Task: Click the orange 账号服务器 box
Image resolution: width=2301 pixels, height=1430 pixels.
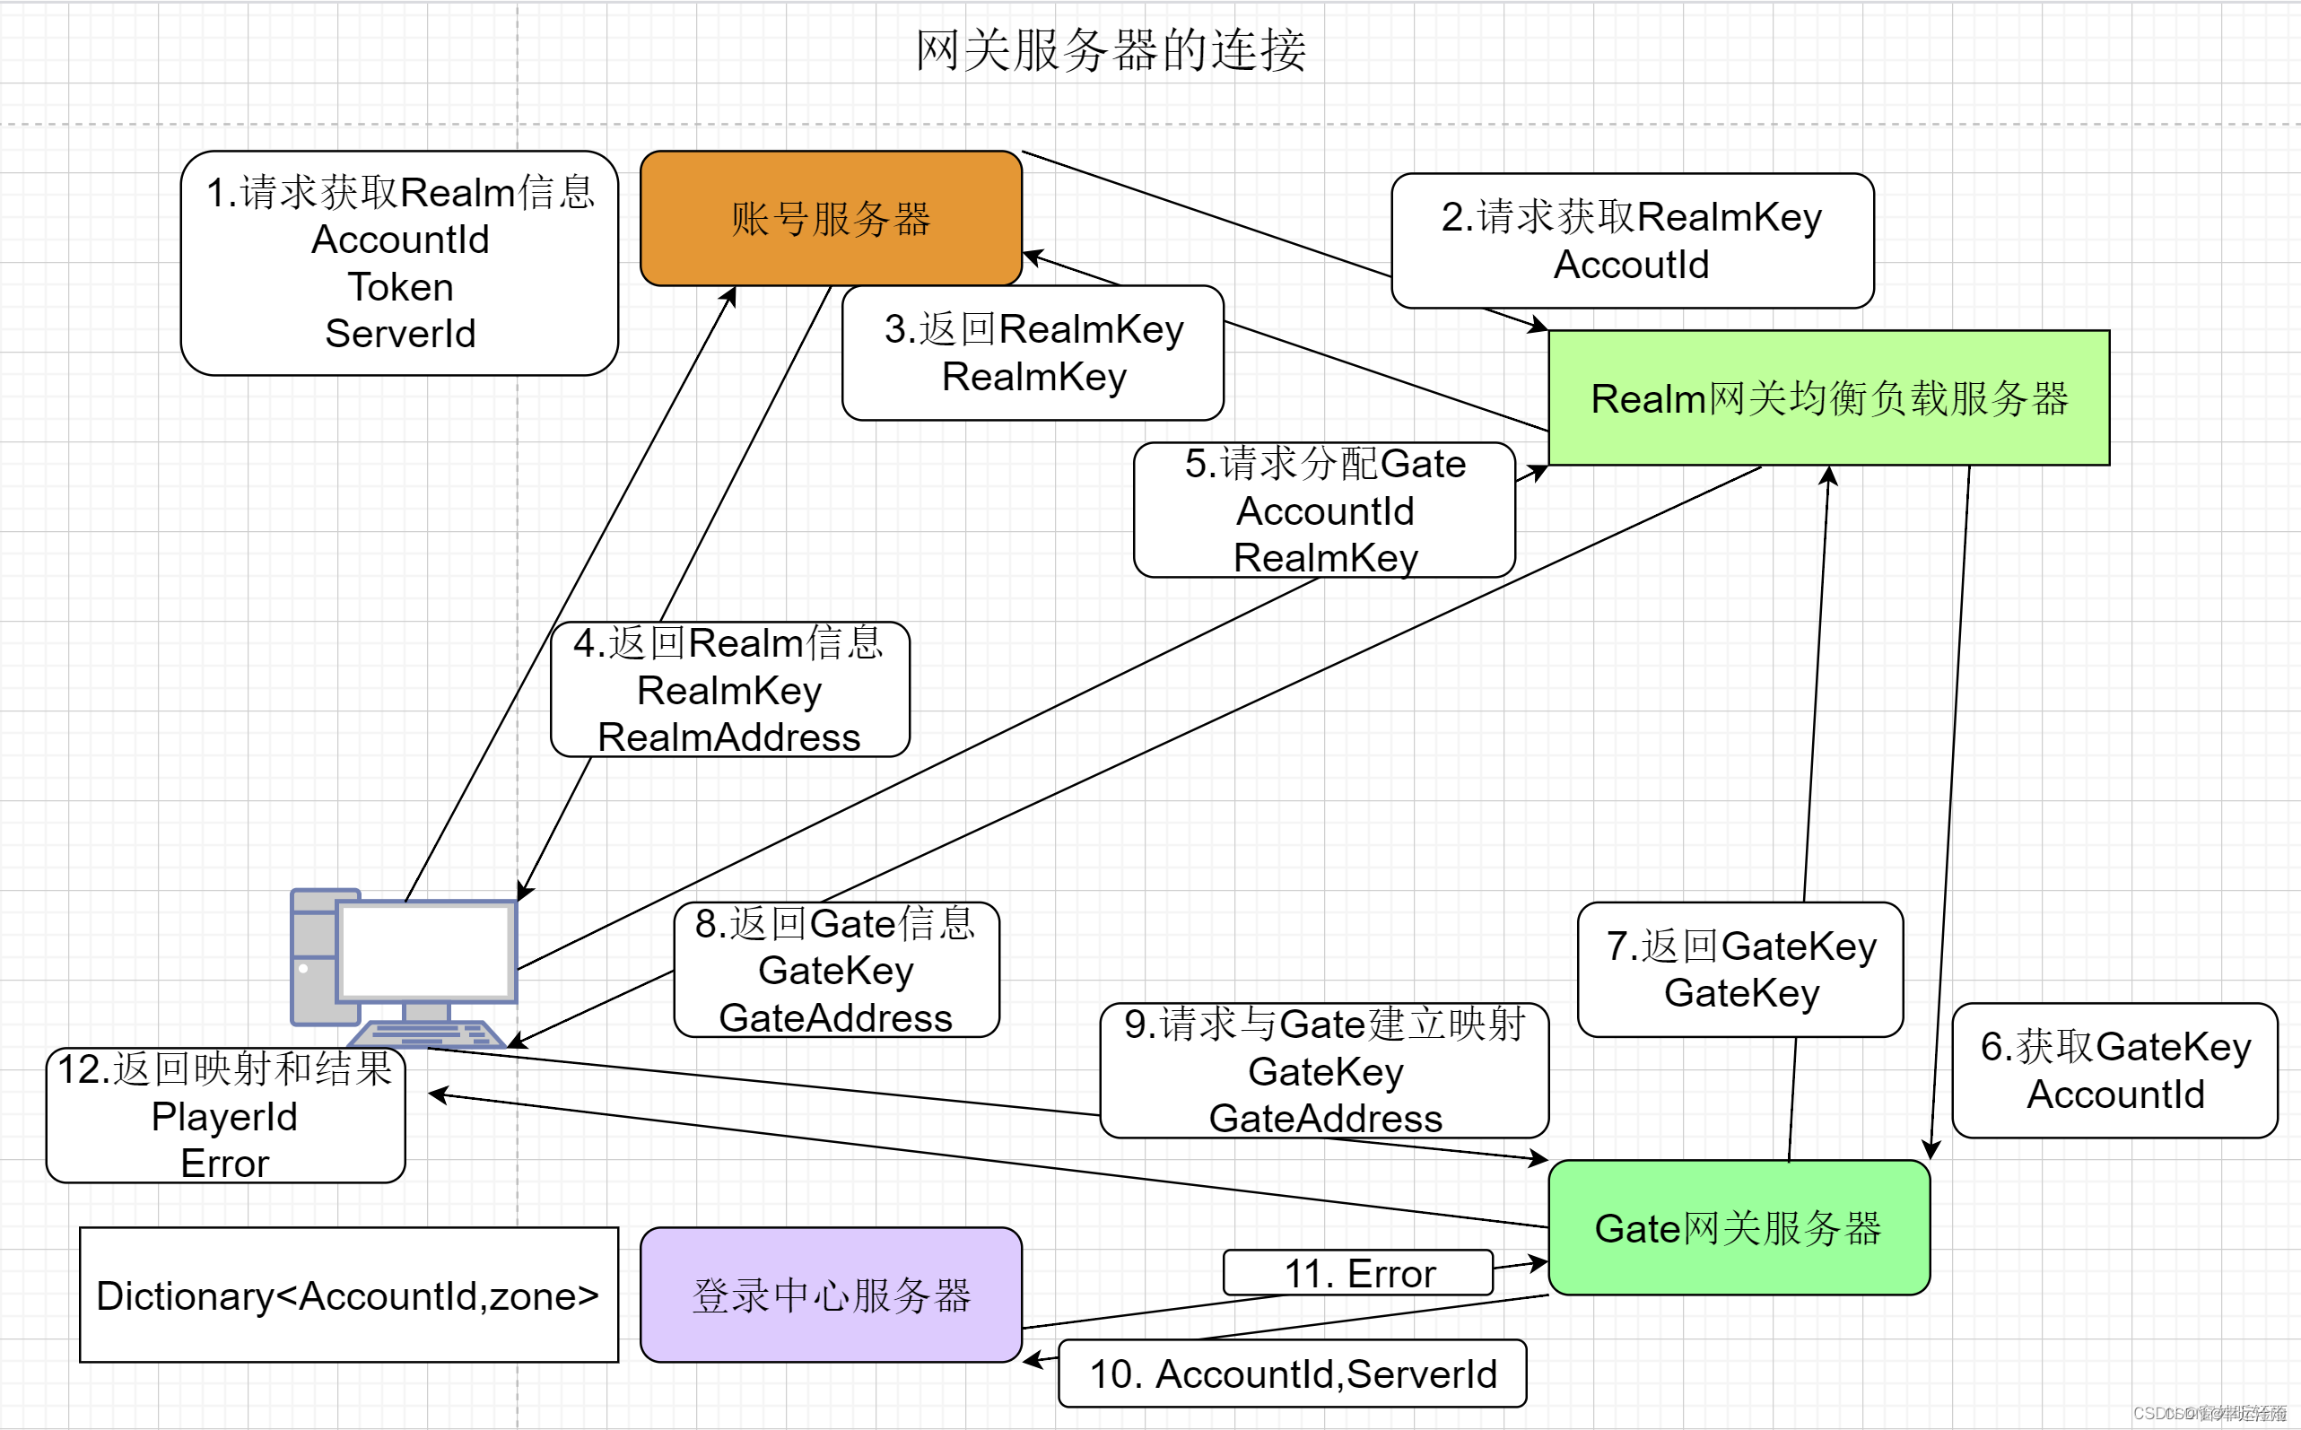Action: click(831, 219)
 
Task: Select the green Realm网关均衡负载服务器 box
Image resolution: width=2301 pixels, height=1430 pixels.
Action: click(1828, 398)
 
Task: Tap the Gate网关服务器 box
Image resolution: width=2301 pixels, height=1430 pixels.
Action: click(1739, 1227)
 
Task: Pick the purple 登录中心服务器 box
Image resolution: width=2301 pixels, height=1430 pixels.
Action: click(831, 1295)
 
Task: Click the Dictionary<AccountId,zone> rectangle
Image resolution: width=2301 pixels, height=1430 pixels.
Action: click(348, 1295)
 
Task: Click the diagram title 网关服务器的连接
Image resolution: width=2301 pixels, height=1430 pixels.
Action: click(1111, 50)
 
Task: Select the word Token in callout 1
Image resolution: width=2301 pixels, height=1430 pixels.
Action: click(400, 286)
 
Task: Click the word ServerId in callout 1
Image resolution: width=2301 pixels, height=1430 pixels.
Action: click(400, 334)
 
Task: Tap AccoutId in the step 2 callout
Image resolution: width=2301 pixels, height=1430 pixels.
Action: click(1631, 265)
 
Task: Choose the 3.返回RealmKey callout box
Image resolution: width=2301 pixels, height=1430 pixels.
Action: click(1033, 353)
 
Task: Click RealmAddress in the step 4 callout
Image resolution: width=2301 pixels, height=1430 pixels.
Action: click(728, 737)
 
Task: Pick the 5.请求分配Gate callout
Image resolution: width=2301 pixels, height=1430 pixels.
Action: click(1324, 510)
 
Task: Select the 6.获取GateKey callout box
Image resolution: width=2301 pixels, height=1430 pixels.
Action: click(2114, 1069)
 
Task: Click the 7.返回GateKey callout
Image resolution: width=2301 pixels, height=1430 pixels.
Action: click(1740, 970)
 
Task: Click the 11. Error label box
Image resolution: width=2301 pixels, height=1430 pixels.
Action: click(1358, 1273)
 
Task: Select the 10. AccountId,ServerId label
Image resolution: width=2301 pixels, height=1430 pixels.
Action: click(1292, 1373)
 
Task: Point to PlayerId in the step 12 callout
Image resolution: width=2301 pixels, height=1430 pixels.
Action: click(224, 1117)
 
